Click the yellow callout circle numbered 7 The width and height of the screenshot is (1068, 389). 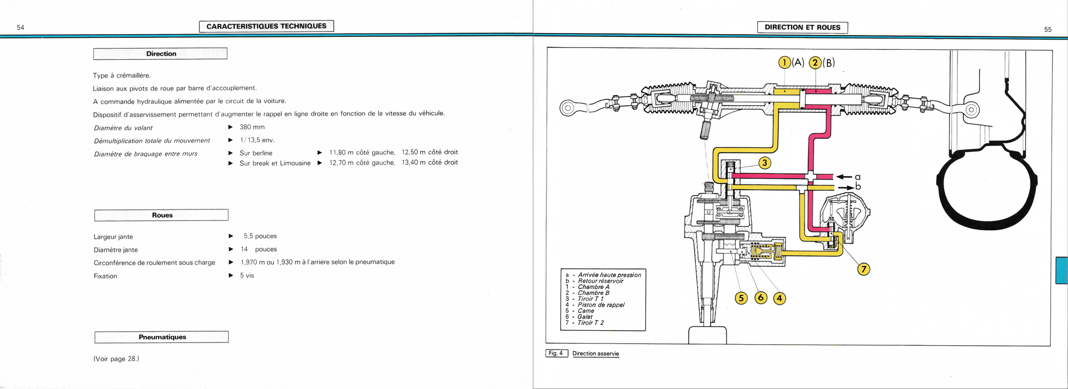tap(863, 269)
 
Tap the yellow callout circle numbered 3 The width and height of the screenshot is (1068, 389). tap(765, 163)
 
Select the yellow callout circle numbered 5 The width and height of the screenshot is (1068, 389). tap(741, 298)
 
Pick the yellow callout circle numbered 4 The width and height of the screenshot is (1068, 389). tap(780, 298)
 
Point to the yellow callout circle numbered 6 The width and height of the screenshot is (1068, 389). tap(761, 298)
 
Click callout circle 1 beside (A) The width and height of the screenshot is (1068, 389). tap(784, 63)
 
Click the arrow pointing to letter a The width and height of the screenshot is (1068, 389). tap(844, 177)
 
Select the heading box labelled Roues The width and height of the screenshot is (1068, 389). tap(161, 215)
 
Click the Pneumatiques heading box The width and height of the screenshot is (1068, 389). tap(162, 337)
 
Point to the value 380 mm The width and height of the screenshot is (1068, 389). tap(252, 127)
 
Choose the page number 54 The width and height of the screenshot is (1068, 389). tap(20, 28)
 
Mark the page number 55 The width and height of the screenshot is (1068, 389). tap(1048, 30)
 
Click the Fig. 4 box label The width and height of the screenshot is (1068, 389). tap(556, 353)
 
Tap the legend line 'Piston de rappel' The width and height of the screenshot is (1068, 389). tap(601, 305)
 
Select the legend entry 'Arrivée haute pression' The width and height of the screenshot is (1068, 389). tap(609, 275)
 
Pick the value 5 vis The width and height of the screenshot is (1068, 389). tap(247, 276)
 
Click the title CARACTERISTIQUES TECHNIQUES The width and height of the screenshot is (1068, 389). tap(266, 26)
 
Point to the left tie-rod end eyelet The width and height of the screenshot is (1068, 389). tap(567, 108)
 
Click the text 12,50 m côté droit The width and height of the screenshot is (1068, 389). tap(429, 152)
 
